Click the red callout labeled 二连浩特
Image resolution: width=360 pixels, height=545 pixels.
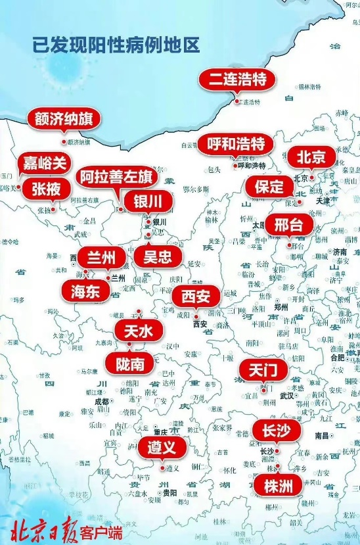coord(238,80)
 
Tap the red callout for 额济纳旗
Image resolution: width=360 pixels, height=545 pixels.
coord(63,120)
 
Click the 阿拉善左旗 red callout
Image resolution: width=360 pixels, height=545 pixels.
coord(116,177)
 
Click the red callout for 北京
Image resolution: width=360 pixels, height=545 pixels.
coord(311,158)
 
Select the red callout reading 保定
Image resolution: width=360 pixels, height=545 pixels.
coord(269,186)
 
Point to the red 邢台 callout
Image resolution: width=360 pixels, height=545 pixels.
coord(288,224)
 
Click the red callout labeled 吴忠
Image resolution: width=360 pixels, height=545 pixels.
coord(157,256)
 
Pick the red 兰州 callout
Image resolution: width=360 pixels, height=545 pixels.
coord(101,256)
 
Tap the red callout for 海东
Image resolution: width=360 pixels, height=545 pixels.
coord(85,291)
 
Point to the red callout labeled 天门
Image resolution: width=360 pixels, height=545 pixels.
coord(263,370)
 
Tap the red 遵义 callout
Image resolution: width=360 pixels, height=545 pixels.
coord(162,448)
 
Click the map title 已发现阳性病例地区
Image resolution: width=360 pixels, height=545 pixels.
coord(116,45)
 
